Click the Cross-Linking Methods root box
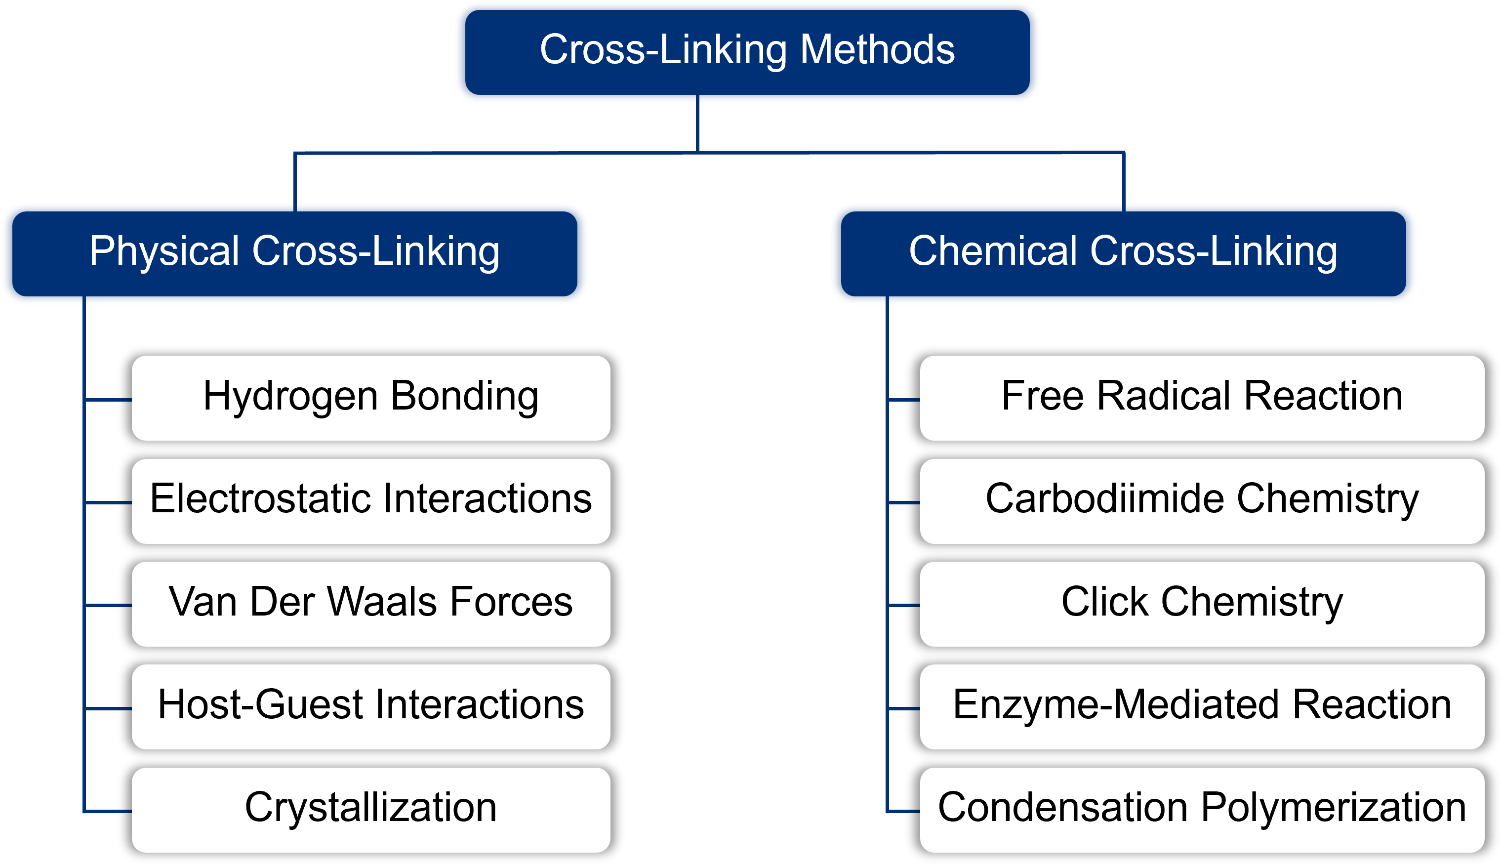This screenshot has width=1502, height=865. (x=747, y=52)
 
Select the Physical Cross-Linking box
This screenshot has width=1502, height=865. (x=294, y=254)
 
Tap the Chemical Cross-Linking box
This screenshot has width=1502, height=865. (x=1123, y=254)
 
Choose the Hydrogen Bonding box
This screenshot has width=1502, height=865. (x=370, y=398)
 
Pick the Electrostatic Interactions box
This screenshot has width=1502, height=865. (x=370, y=501)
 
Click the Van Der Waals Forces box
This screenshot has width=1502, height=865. (x=370, y=604)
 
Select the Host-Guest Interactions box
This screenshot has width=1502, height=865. (x=370, y=706)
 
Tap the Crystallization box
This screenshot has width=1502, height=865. (x=370, y=810)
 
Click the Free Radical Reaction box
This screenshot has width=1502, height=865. (x=1202, y=398)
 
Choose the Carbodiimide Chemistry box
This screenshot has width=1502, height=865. (x=1202, y=501)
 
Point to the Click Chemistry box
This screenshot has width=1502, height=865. (x=1202, y=604)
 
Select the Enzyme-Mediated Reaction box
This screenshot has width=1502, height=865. (x=1202, y=706)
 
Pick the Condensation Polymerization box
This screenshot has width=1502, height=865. (x=1202, y=810)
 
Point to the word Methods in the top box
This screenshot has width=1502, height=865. (x=877, y=49)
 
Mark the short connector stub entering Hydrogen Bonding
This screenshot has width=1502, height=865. (x=109, y=400)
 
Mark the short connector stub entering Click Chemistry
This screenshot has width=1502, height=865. (x=903, y=605)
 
